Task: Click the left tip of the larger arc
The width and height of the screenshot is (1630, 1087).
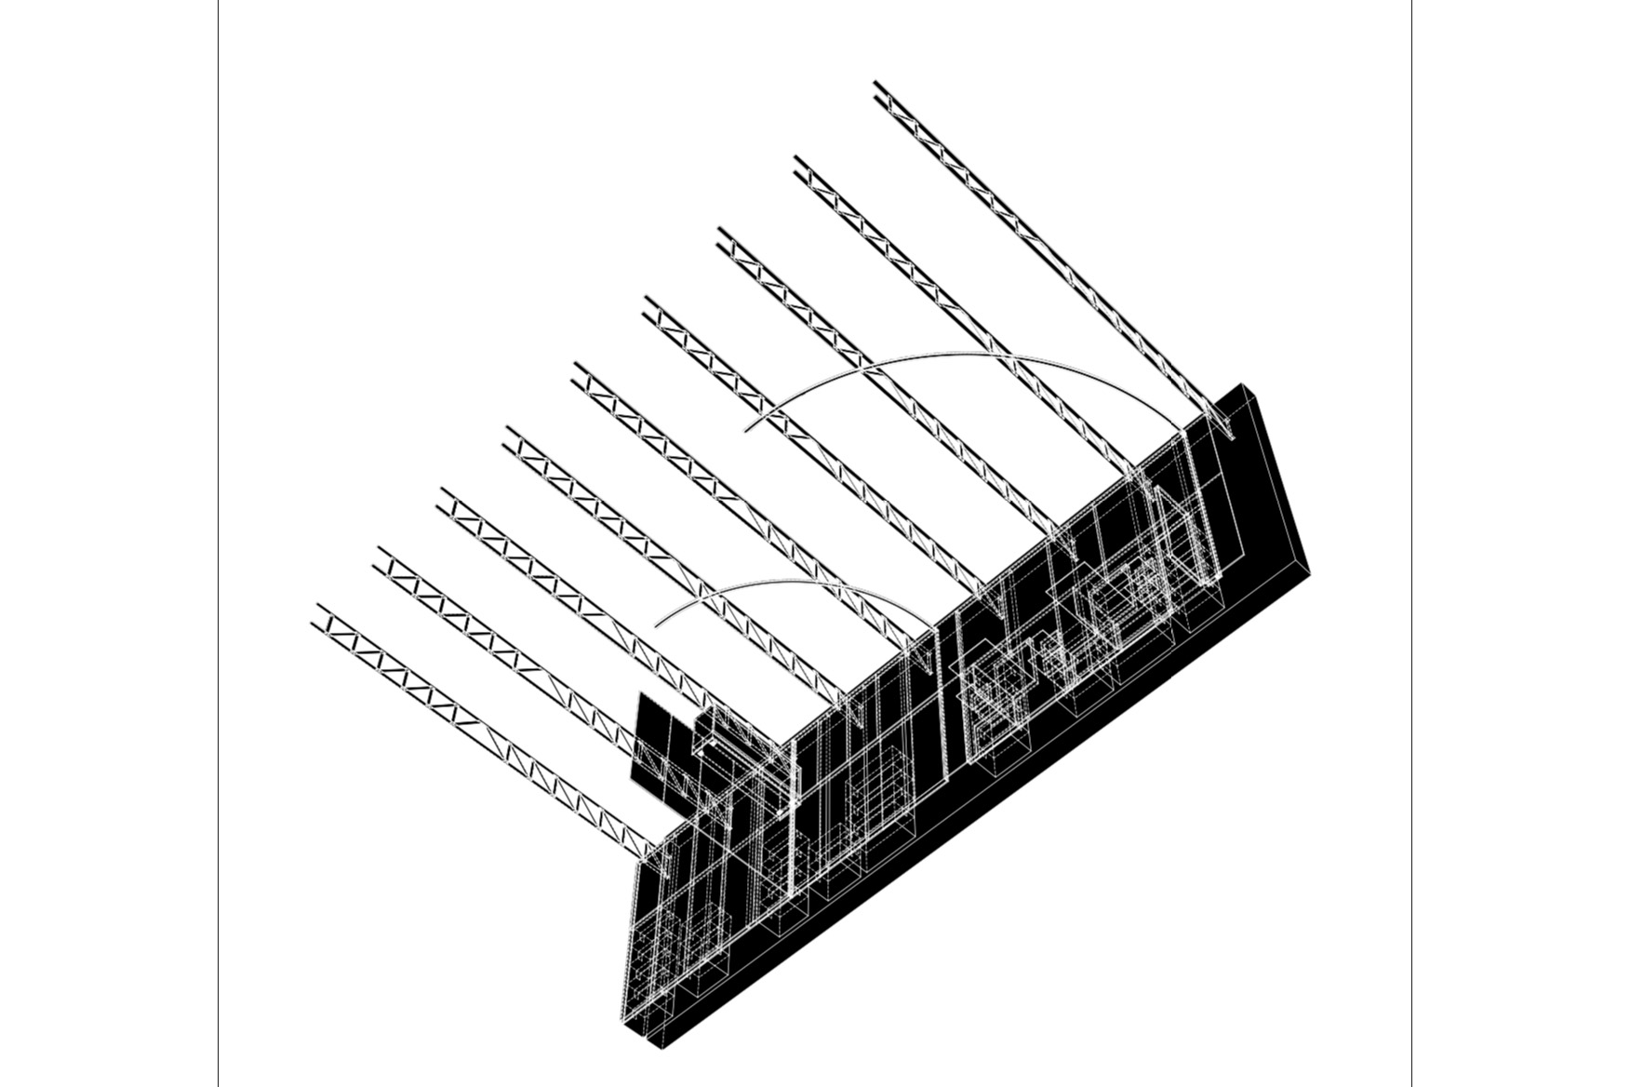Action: (x=745, y=429)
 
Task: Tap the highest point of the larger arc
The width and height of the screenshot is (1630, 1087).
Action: (x=958, y=354)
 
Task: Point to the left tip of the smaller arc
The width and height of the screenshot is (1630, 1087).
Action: (x=656, y=625)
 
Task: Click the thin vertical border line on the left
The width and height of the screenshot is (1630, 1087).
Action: (x=218, y=543)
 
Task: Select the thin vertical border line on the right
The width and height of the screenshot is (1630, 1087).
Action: (x=1411, y=543)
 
